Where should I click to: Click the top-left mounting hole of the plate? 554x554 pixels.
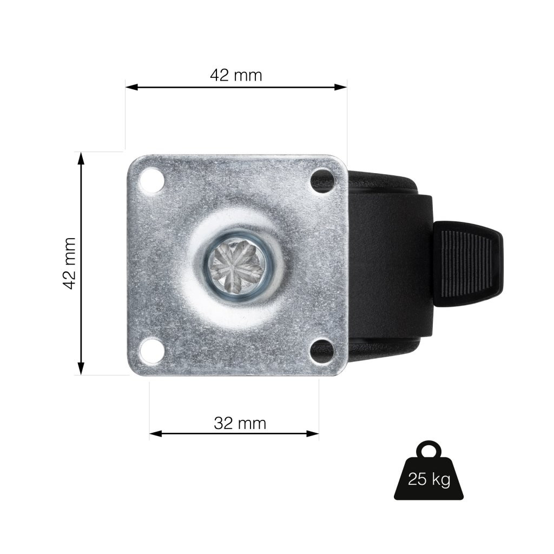(x=152, y=180)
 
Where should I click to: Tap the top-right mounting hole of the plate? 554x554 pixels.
(x=322, y=180)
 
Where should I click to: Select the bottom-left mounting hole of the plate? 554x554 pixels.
(x=152, y=351)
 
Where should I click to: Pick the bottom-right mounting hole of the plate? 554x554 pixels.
(x=322, y=351)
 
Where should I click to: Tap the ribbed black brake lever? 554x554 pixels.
(x=467, y=263)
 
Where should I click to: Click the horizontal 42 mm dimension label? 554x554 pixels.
(x=236, y=75)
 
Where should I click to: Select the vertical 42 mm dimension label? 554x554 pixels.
(x=70, y=263)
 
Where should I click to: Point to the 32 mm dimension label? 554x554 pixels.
(x=240, y=423)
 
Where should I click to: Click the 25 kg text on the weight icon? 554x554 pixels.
(x=429, y=479)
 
